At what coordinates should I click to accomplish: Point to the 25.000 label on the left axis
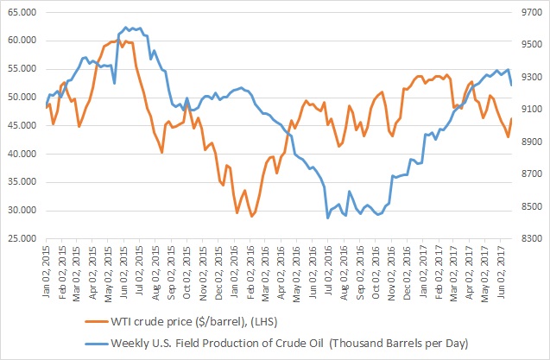point(18,238)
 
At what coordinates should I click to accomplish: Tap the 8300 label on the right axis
point(528,238)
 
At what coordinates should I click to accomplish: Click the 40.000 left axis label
point(18,154)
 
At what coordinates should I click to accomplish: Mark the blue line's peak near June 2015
point(127,28)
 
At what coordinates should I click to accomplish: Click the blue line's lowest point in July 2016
point(327,218)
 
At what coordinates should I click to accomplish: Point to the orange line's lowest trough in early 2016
point(251,216)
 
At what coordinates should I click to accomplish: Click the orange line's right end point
point(512,118)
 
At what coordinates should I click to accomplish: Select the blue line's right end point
point(512,85)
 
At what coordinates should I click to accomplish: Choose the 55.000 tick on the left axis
point(18,69)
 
